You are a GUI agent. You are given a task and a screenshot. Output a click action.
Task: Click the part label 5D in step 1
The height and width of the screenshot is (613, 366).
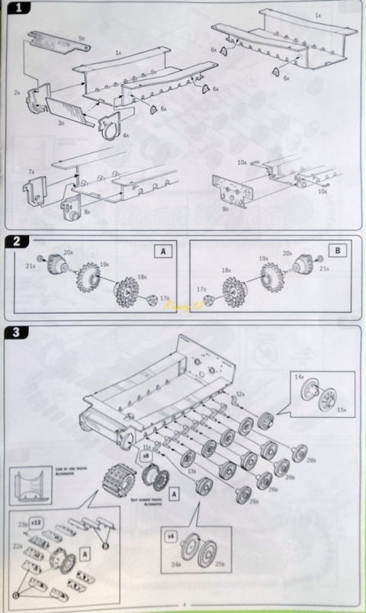(81, 37)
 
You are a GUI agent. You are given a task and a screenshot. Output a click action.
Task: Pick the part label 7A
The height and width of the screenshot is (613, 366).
(31, 173)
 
